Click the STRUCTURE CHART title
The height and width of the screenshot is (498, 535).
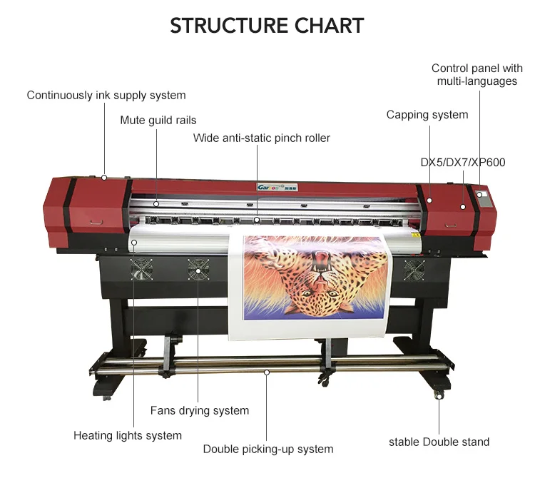coord(267,26)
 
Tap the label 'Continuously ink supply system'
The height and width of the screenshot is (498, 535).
coord(106,95)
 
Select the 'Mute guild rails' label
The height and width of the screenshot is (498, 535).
coord(158,120)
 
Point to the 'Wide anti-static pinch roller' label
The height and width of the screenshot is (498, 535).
coord(262,138)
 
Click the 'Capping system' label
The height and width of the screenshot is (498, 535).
coord(427,115)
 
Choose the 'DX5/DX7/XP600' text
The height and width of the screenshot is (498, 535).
coord(462,163)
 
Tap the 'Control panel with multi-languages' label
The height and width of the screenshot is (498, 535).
coord(477,75)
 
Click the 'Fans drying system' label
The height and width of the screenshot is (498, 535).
coord(200,410)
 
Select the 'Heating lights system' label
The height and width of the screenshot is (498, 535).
coord(128,435)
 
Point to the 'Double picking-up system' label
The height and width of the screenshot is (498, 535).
coord(268,449)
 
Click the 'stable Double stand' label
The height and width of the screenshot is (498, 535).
coord(439,442)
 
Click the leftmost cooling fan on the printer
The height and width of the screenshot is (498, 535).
coord(141,269)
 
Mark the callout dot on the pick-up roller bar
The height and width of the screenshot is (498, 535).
coord(266,372)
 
